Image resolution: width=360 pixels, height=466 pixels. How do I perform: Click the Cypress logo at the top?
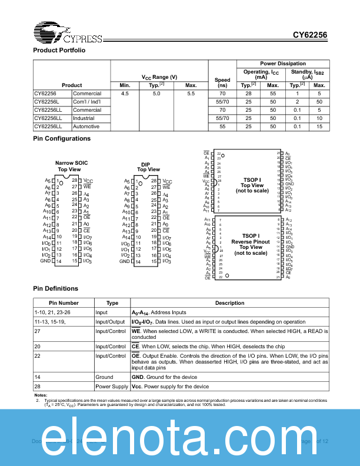tap(68, 34)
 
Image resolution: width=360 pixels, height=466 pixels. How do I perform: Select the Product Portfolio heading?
tap(59, 51)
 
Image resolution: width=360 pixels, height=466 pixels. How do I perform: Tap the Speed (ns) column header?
tap(222, 82)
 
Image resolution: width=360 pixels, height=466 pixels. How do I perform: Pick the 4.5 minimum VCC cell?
tap(125, 94)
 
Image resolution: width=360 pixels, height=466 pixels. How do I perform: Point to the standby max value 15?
tap(319, 127)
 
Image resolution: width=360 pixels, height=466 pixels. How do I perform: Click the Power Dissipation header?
tap(282, 64)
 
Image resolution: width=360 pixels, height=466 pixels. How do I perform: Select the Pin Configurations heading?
tap(62, 138)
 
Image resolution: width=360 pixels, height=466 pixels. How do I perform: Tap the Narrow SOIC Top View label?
tap(68, 166)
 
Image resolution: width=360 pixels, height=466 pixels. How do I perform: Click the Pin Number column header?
tap(64, 303)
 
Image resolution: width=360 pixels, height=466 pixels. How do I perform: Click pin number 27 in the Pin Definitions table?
tap(38, 331)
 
